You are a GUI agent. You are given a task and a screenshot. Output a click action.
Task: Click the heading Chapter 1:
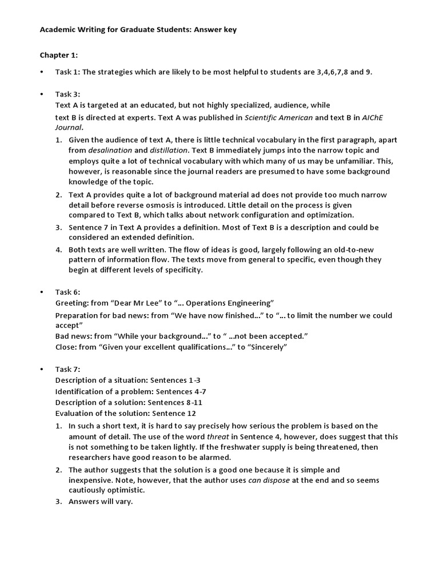58,55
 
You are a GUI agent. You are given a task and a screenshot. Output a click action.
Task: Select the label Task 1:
68,72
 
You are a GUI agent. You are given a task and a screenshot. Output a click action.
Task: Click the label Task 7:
68,369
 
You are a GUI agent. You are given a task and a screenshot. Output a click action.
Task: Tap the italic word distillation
172,150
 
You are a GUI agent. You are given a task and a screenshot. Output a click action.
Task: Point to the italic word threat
218,436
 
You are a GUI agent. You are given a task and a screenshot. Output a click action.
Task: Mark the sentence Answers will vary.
101,502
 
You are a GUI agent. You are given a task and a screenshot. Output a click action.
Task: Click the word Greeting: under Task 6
72,302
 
